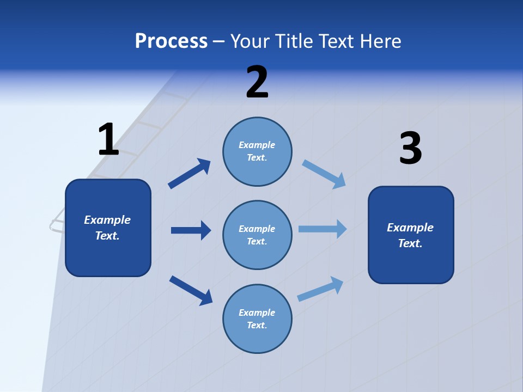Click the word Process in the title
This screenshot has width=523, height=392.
click(x=171, y=41)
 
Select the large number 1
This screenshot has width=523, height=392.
click(x=108, y=140)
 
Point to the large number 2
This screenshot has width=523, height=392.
click(x=257, y=83)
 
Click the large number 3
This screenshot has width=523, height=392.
click(x=410, y=148)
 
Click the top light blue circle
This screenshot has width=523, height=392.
click(x=257, y=151)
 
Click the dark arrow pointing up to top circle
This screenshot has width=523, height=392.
click(x=189, y=174)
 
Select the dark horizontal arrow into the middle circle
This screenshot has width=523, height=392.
click(x=191, y=230)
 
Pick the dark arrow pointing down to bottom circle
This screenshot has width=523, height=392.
click(x=191, y=290)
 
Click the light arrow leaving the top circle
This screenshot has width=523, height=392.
click(x=324, y=174)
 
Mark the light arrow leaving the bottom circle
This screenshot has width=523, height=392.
click(x=320, y=289)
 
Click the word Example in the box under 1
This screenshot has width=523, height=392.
click(x=107, y=220)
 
